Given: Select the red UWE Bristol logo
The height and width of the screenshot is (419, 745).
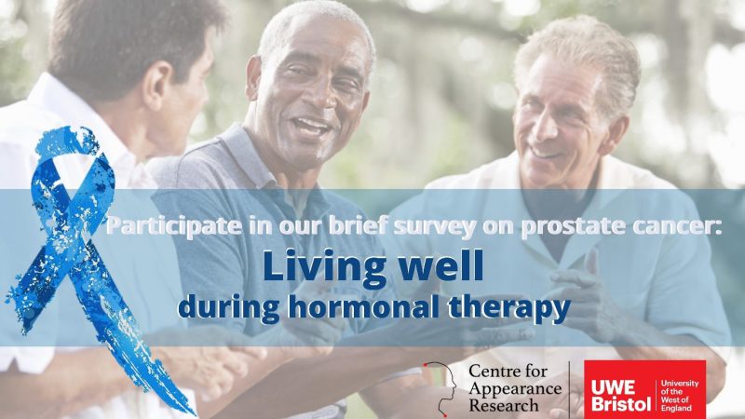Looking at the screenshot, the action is (x=644, y=389).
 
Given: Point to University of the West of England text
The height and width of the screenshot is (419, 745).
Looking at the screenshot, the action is (x=680, y=395).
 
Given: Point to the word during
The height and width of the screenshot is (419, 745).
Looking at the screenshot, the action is (x=229, y=307).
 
